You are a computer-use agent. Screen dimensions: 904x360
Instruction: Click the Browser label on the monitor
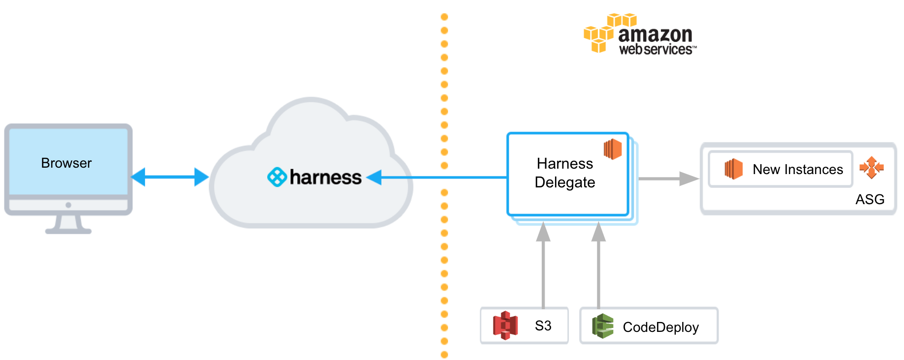pyautogui.click(x=66, y=163)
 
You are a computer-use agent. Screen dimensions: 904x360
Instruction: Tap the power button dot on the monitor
pyautogui.click(x=68, y=205)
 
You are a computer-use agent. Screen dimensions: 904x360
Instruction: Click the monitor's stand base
pyautogui.click(x=69, y=230)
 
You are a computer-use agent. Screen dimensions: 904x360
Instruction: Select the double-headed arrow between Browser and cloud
pyautogui.click(x=170, y=177)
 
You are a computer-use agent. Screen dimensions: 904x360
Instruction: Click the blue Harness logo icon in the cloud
pyautogui.click(x=277, y=177)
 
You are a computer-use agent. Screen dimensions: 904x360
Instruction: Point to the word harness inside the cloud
pyautogui.click(x=325, y=177)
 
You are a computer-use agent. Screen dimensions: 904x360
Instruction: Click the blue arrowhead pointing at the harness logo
pyautogui.click(x=374, y=177)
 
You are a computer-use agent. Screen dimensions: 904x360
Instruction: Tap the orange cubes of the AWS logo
pyautogui.click(x=610, y=33)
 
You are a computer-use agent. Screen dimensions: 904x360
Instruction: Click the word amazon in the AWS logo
pyautogui.click(x=655, y=35)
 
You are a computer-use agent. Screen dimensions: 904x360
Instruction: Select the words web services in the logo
pyautogui.click(x=657, y=49)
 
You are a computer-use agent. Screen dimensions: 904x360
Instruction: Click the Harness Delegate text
pyautogui.click(x=565, y=173)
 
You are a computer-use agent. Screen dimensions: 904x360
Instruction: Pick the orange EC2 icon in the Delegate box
pyautogui.click(x=613, y=149)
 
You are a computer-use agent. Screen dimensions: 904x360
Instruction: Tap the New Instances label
pyautogui.click(x=798, y=169)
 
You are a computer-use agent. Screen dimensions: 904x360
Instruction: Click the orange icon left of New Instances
pyautogui.click(x=733, y=169)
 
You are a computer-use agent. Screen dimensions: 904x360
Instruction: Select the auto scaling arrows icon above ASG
pyautogui.click(x=871, y=168)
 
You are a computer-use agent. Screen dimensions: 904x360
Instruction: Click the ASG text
pyautogui.click(x=870, y=199)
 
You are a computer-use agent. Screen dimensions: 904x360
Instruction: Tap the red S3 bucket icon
pyautogui.click(x=505, y=325)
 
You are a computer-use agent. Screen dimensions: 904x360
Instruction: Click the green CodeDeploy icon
pyautogui.click(x=602, y=326)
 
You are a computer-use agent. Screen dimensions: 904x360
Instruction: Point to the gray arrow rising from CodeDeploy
pyautogui.click(x=598, y=265)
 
